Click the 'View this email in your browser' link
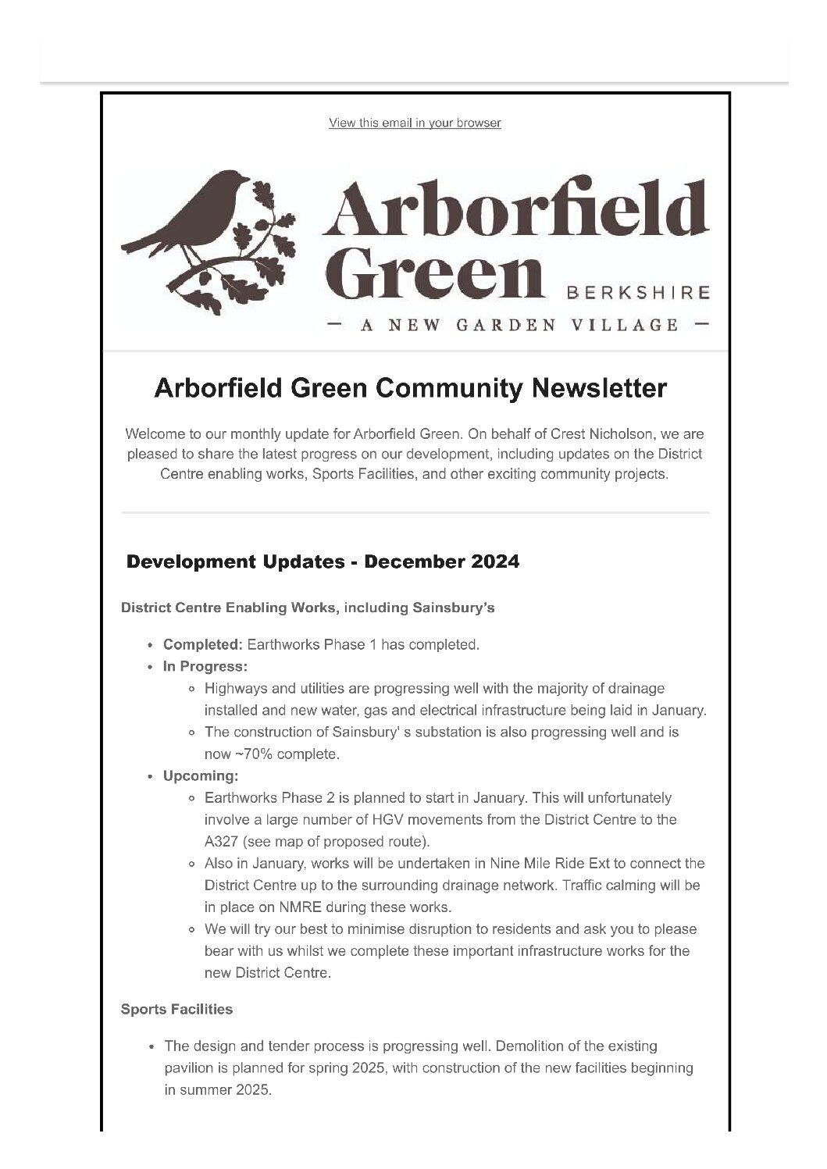(x=415, y=123)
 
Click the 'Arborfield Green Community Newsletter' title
(x=411, y=388)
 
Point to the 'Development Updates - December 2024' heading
(x=323, y=561)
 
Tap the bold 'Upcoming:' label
(x=200, y=776)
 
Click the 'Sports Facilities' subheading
(x=176, y=1009)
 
